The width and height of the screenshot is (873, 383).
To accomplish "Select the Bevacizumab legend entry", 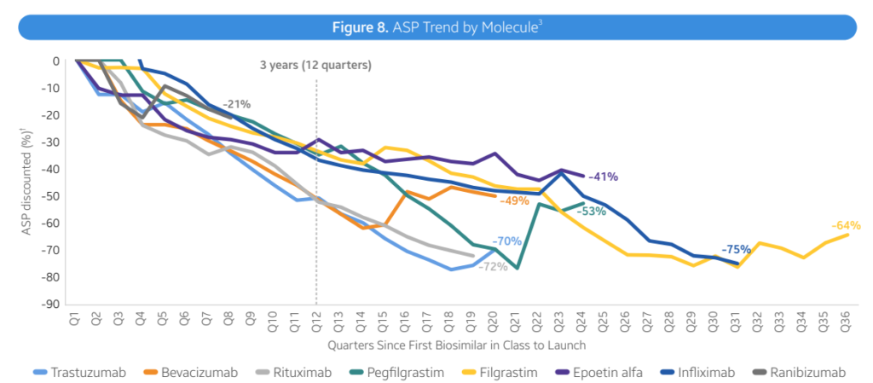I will [195, 372].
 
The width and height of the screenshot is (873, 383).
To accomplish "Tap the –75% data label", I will [736, 250].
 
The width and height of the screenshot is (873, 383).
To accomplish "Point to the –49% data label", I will [514, 201].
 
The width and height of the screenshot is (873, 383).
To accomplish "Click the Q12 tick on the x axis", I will [316, 319].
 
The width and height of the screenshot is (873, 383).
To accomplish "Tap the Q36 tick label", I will [847, 319].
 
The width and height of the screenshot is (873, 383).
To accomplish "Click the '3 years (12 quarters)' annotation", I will [316, 65].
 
